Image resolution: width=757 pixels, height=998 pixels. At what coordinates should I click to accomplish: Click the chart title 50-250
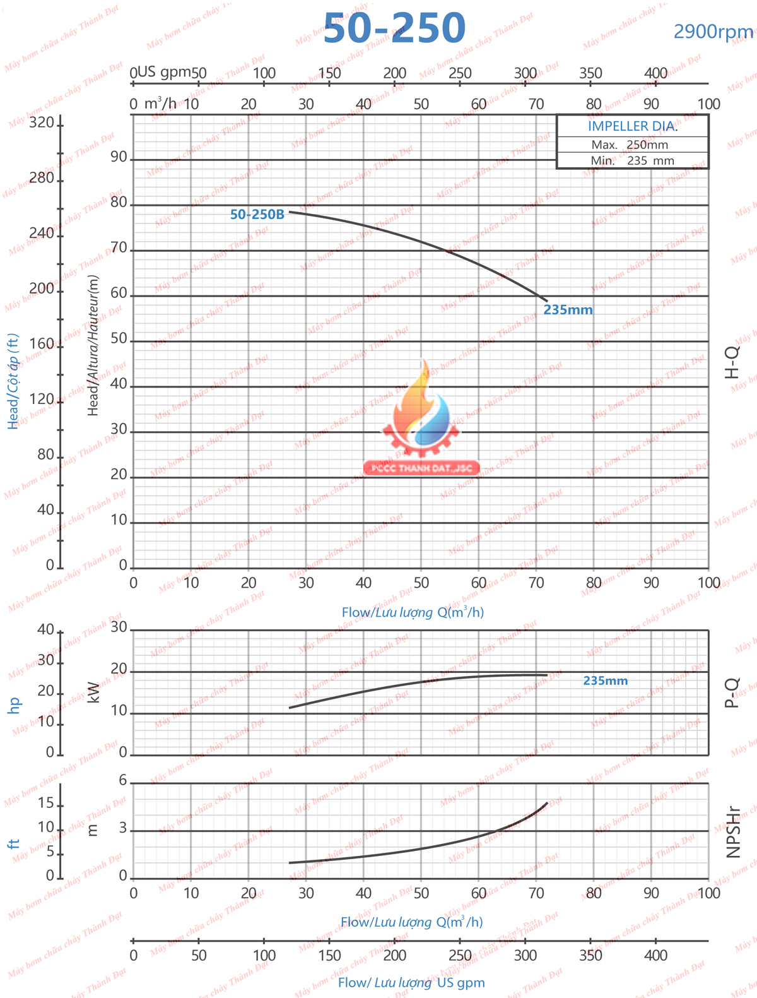pyautogui.click(x=394, y=28)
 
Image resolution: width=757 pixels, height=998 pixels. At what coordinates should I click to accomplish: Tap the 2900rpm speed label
pyautogui.click(x=713, y=32)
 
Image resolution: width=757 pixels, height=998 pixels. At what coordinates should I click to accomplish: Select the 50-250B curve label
pyautogui.click(x=257, y=215)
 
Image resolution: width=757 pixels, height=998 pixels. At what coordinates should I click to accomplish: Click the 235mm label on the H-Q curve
pyautogui.click(x=568, y=310)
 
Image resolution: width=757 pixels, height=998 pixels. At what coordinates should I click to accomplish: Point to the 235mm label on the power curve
pyautogui.click(x=605, y=680)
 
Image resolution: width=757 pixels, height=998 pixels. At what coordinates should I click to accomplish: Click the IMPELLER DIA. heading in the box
pyautogui.click(x=632, y=126)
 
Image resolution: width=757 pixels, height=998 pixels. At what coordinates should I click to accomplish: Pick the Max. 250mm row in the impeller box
pyautogui.click(x=630, y=145)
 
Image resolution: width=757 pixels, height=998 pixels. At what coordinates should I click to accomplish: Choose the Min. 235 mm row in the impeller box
pyautogui.click(x=632, y=160)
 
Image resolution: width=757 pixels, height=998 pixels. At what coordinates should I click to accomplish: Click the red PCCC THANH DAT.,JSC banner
pyautogui.click(x=421, y=468)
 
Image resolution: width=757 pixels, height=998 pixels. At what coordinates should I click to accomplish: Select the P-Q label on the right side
pyautogui.click(x=732, y=692)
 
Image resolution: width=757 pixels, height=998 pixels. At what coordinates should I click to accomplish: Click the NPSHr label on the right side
pyautogui.click(x=732, y=832)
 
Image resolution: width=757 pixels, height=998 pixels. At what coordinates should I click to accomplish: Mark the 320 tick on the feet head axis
pyautogui.click(x=42, y=122)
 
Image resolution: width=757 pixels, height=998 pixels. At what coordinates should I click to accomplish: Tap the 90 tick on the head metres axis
pyautogui.click(x=119, y=157)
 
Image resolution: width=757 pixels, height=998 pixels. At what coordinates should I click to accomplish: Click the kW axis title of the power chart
pyautogui.click(x=93, y=692)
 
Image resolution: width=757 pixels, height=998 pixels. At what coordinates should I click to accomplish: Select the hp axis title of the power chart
pyautogui.click(x=14, y=704)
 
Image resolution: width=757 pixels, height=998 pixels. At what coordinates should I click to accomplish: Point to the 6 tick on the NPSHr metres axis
pyautogui.click(x=123, y=781)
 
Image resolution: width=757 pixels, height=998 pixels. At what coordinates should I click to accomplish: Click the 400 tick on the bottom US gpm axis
pyautogui.click(x=655, y=955)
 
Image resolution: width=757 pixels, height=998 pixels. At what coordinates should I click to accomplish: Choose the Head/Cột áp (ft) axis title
pyautogui.click(x=13, y=381)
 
